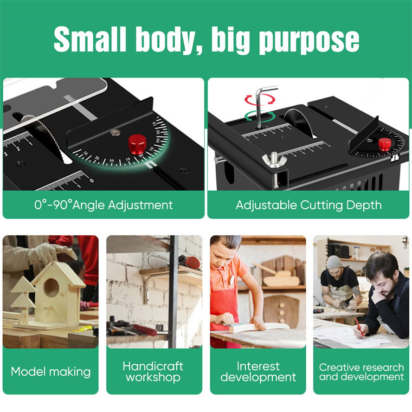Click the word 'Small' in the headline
click(90, 39)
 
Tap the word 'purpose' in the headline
click(309, 41)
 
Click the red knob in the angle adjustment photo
click(137, 144)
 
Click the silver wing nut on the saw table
click(274, 160)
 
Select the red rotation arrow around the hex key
click(260, 99)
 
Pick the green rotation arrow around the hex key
click(260, 116)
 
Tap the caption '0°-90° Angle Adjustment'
click(103, 205)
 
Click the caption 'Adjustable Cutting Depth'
click(309, 205)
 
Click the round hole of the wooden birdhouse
click(51, 288)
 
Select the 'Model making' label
click(51, 372)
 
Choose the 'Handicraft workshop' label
click(153, 372)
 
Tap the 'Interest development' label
click(258, 372)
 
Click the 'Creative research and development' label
click(361, 372)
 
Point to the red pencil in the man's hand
click(359, 327)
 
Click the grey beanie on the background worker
click(334, 262)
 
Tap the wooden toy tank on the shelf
click(279, 277)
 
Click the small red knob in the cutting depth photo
click(385, 144)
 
